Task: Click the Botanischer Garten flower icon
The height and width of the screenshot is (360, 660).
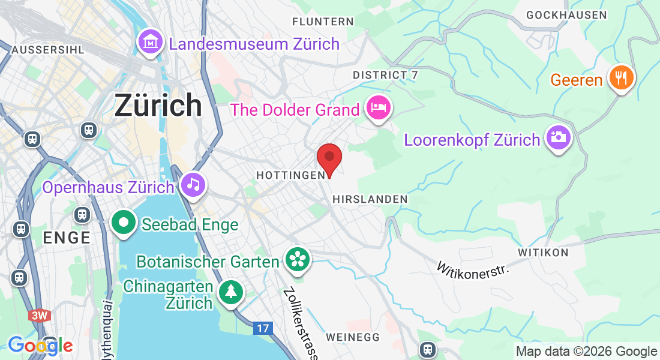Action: (x=297, y=259)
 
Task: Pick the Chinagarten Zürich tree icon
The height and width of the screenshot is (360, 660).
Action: (x=231, y=292)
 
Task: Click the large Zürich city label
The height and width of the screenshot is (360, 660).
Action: (x=158, y=106)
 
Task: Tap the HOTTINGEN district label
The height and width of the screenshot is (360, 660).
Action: (x=290, y=175)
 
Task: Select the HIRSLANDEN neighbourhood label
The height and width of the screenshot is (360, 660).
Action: (x=370, y=199)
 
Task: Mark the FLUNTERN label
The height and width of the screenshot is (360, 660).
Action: (x=323, y=22)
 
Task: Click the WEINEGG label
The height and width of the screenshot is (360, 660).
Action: (x=354, y=337)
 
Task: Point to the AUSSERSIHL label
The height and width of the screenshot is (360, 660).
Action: (x=48, y=49)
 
